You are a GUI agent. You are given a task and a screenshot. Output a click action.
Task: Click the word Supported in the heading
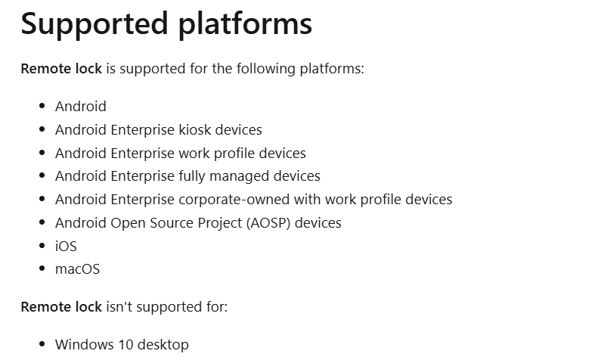(x=94, y=24)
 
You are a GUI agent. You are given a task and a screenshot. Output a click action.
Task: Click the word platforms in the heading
(x=245, y=24)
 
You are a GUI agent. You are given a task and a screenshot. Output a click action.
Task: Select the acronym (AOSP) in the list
(x=268, y=223)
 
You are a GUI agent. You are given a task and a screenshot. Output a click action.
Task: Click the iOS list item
(x=66, y=246)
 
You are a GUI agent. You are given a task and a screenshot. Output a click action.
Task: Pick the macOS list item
(x=77, y=269)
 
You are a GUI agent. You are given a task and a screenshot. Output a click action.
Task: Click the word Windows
(x=85, y=345)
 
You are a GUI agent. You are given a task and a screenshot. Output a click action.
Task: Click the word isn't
(x=119, y=307)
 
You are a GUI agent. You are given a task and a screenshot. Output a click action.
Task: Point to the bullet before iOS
(x=42, y=245)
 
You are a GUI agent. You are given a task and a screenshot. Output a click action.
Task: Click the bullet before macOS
(x=42, y=268)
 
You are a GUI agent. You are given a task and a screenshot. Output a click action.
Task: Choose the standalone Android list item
(x=81, y=106)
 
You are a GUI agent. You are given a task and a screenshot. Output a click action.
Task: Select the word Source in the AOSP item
(x=171, y=223)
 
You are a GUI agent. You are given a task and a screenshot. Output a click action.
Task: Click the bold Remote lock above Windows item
(x=61, y=307)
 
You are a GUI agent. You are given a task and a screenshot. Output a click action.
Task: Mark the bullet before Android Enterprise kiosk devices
(x=42, y=129)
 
